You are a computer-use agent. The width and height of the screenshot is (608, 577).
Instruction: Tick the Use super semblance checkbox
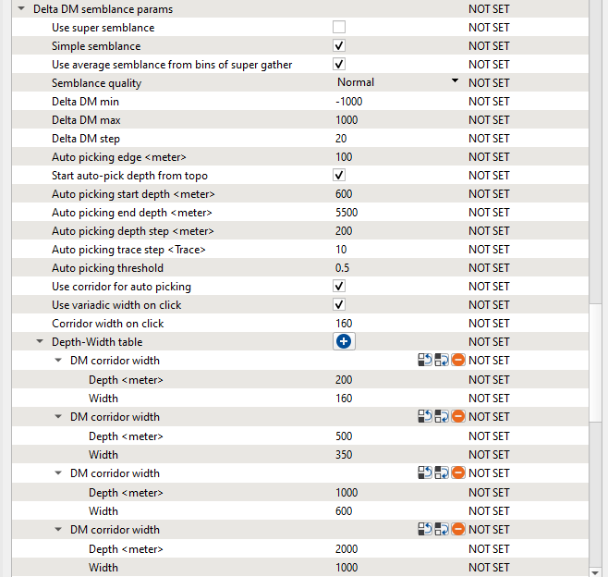339,27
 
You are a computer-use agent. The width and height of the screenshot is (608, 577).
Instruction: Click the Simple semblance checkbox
339,45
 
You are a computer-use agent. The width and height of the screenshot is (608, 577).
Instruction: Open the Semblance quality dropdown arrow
455,81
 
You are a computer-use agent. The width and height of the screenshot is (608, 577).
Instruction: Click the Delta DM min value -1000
349,102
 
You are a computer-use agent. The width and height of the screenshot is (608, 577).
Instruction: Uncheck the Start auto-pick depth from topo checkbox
339,175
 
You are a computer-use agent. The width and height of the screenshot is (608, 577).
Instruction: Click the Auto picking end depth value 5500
347,213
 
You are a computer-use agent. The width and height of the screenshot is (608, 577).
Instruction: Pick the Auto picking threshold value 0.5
343,268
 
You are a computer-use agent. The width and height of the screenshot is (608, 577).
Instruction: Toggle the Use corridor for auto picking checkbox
339,286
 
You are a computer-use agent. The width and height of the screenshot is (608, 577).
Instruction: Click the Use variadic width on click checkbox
339,304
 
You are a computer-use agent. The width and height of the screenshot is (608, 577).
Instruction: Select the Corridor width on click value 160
345,324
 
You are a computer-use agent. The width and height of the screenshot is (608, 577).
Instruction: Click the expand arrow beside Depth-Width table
40,342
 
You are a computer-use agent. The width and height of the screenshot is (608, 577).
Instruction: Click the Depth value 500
345,436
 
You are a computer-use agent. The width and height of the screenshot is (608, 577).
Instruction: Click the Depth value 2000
347,549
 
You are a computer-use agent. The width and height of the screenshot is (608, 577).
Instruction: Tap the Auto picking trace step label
128,250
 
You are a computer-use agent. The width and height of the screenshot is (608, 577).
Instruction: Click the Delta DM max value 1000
347,120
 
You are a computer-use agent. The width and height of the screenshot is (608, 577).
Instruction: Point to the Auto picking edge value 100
345,157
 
